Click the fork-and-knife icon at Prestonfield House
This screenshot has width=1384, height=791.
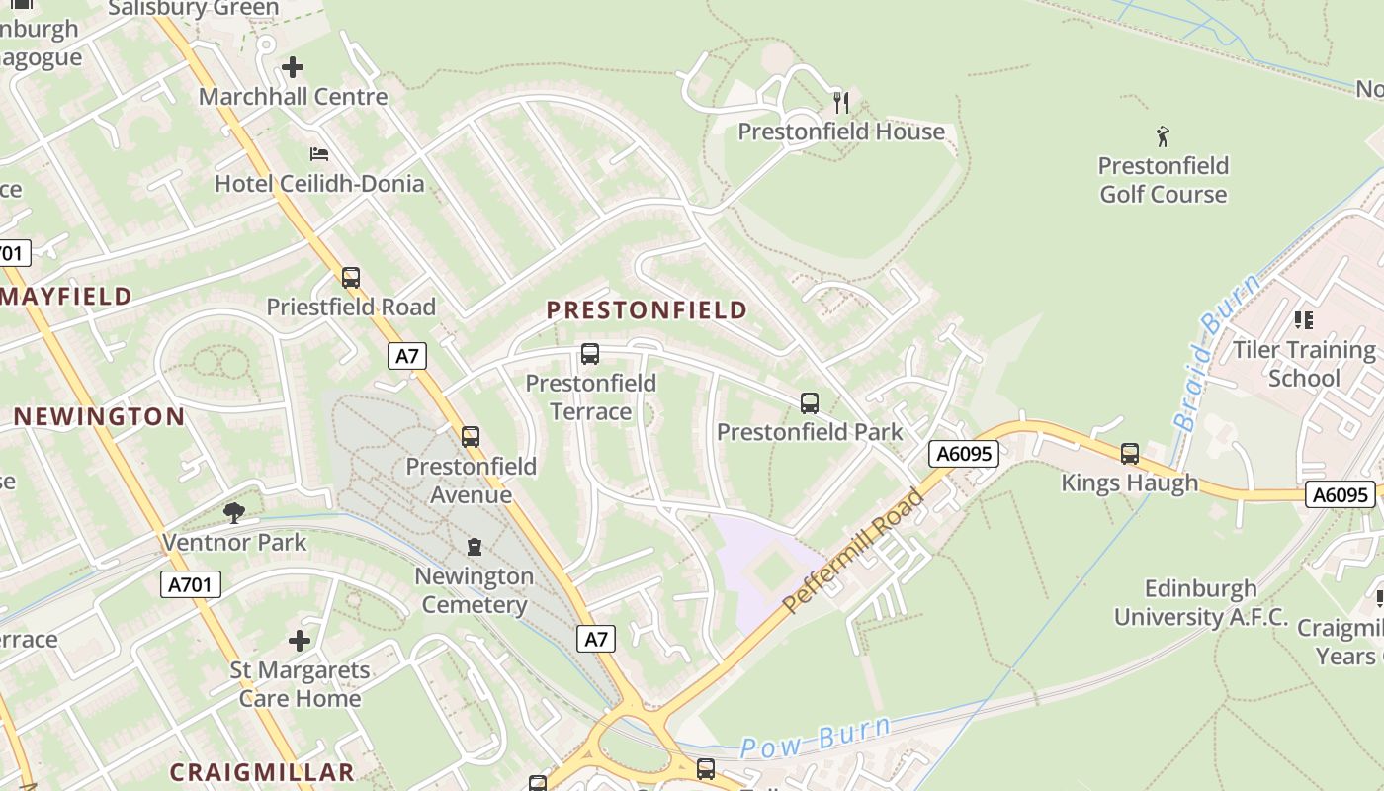click(841, 102)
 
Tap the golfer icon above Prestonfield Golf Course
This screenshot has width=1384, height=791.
click(1163, 135)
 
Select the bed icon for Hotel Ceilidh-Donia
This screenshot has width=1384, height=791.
click(319, 154)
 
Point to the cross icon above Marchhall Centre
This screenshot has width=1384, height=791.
click(293, 67)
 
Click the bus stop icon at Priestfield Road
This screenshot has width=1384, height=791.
click(351, 278)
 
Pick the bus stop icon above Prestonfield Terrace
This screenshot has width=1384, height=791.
click(590, 353)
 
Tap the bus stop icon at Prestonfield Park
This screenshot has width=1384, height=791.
click(810, 403)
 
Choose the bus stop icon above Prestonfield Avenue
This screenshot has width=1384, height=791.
click(471, 436)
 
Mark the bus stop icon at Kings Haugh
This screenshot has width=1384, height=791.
click(1130, 454)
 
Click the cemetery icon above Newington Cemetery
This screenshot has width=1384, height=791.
click(475, 547)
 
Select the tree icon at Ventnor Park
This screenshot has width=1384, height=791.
click(234, 512)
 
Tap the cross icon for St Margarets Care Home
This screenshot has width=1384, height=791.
click(300, 641)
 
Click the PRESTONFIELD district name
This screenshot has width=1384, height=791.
click(647, 310)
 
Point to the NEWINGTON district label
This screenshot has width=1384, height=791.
click(99, 416)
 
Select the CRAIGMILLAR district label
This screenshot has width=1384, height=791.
click(261, 772)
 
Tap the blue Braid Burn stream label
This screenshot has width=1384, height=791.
click(1216, 351)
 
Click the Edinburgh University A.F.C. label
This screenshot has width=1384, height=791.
click(1200, 603)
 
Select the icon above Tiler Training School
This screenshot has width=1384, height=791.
click(1303, 320)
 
